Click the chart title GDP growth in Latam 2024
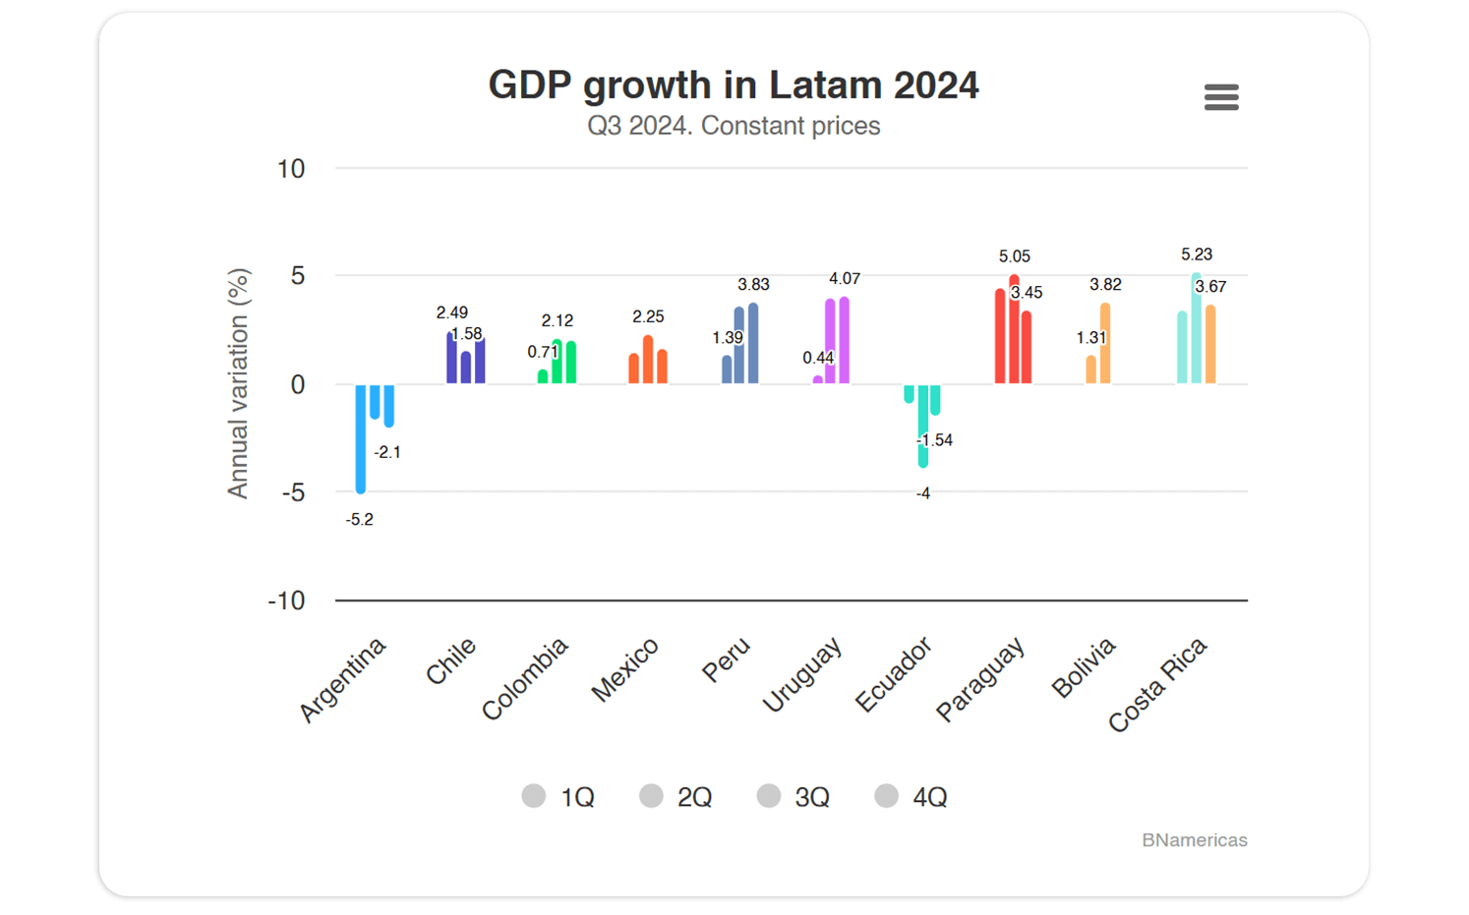point(734,86)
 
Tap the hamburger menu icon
point(1221,97)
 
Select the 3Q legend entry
point(794,796)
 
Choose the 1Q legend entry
point(558,796)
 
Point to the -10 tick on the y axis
point(287,600)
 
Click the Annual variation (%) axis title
point(238,383)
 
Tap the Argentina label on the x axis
point(343,679)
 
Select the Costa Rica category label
point(1157,684)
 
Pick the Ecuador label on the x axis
point(893,674)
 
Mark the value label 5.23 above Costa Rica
point(1197,255)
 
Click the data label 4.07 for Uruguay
point(845,279)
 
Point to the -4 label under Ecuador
point(923,493)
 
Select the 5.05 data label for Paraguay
point(1015,257)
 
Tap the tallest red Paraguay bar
point(1015,330)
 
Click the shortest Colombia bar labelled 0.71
point(543,376)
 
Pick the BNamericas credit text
point(1194,840)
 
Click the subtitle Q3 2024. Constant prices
point(734,126)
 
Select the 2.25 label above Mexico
point(648,316)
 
